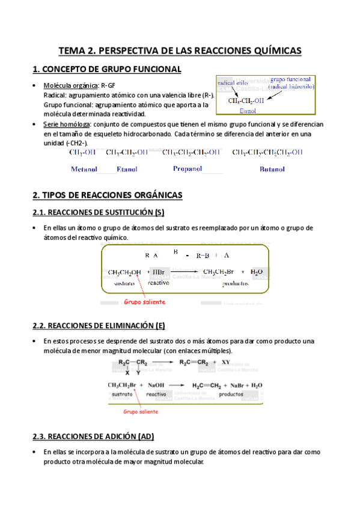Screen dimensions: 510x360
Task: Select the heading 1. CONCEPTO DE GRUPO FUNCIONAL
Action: [x=106, y=70]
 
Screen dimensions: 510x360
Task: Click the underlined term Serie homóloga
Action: [x=66, y=124]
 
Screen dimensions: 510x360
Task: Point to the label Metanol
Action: [x=85, y=170]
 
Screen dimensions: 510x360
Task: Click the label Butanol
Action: [x=272, y=170]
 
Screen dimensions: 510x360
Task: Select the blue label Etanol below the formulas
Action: [x=127, y=170]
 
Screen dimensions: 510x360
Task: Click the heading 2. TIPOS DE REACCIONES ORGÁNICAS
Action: [x=111, y=195]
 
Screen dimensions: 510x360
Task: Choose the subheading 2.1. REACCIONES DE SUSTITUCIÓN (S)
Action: [x=97, y=212]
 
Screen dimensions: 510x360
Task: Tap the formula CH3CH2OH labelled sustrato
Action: [x=124, y=272]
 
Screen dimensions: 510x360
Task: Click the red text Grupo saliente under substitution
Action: [x=145, y=302]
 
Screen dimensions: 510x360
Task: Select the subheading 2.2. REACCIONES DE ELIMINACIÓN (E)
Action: [x=98, y=326]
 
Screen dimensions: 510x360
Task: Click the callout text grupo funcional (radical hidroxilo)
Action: [x=291, y=82]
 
